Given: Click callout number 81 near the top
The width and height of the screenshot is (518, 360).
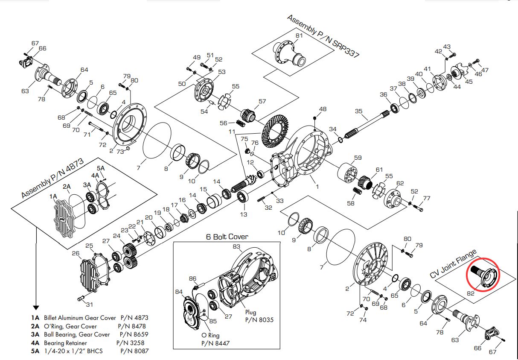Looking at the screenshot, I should (299, 35).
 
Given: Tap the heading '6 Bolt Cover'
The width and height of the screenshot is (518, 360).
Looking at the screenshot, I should (227, 237).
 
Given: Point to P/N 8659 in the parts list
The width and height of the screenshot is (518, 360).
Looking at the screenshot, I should (134, 334).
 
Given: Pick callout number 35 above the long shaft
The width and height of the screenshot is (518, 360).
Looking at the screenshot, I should (358, 111).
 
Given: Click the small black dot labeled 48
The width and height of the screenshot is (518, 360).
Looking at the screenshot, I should (314, 118).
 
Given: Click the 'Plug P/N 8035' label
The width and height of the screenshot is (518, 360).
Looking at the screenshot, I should (259, 316).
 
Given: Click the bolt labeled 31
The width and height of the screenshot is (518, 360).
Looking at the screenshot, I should (81, 298).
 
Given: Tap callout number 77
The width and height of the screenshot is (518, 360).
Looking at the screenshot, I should (427, 198).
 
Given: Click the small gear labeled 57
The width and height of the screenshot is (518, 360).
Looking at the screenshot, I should (248, 115).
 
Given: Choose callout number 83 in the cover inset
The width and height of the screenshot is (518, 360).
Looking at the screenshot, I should (237, 246).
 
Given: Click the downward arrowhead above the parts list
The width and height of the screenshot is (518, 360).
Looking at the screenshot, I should (36, 307).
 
